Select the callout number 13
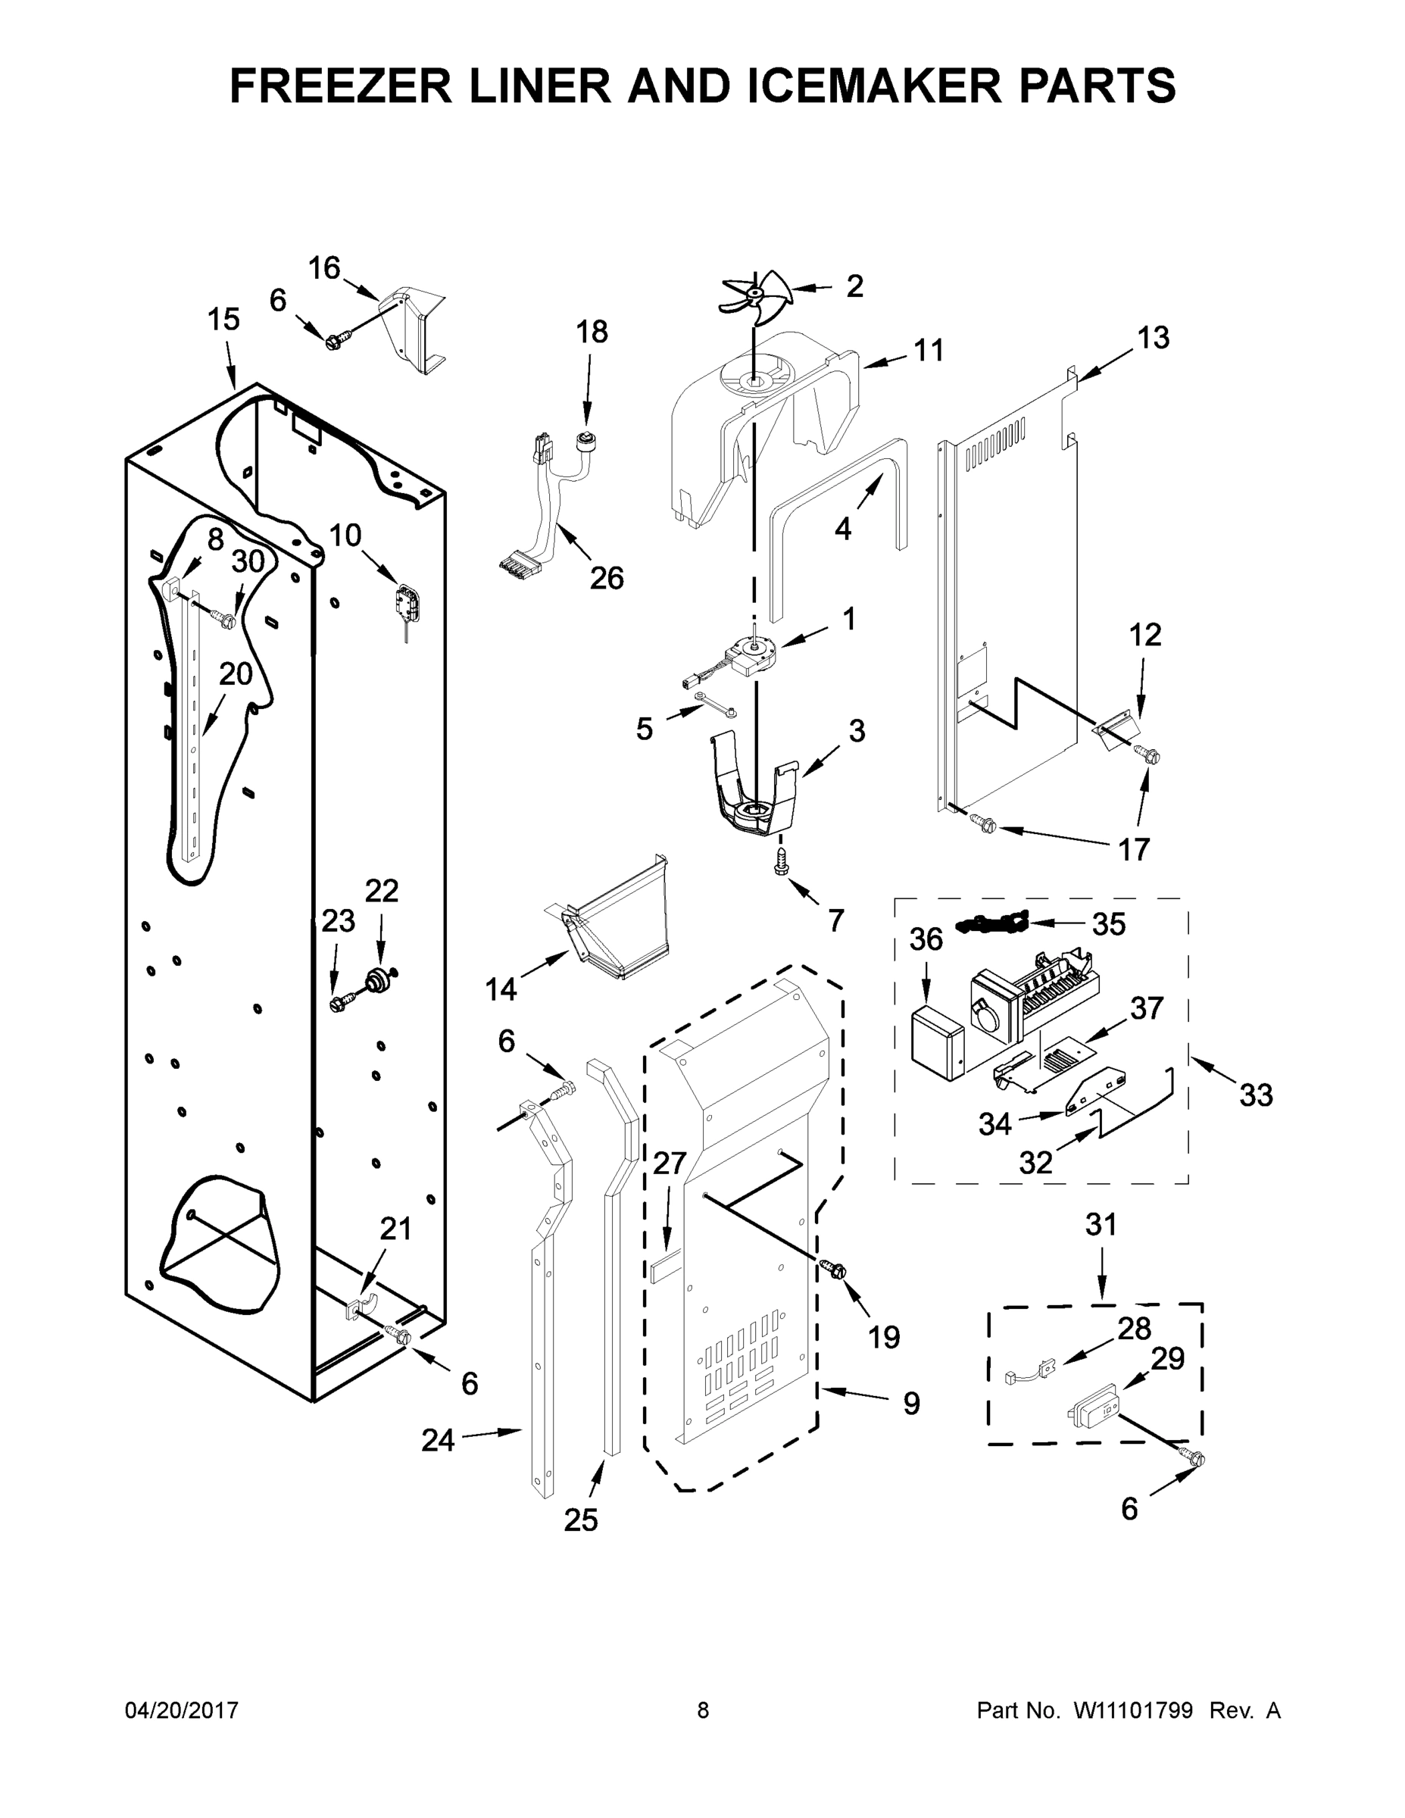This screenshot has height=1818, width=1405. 1154,337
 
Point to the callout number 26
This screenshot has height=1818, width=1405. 607,578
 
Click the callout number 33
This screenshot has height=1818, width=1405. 1256,1095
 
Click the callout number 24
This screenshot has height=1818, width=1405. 438,1439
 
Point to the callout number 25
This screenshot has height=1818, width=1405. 581,1520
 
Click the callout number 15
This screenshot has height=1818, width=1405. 223,319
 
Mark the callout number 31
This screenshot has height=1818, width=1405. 1101,1224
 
